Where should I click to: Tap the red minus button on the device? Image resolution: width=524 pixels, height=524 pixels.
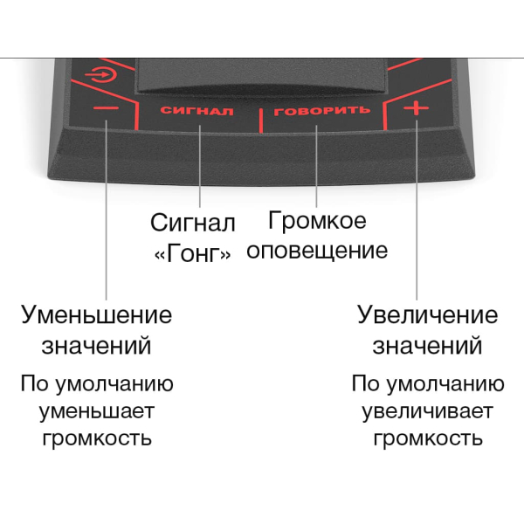click(x=106, y=108)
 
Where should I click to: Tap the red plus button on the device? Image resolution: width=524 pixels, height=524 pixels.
click(x=416, y=108)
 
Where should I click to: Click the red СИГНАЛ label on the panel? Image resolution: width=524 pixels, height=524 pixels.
click(x=196, y=111)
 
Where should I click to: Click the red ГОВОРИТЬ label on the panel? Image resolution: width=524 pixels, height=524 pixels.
click(x=321, y=111)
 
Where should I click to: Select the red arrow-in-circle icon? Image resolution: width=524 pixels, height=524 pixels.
click(x=101, y=74)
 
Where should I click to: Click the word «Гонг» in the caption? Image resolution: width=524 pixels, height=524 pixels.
click(x=192, y=253)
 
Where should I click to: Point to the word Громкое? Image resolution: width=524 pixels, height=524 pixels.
click(x=317, y=221)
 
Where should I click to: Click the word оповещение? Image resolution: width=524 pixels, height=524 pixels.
click(x=317, y=251)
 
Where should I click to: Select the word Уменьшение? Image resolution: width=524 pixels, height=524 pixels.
click(x=97, y=315)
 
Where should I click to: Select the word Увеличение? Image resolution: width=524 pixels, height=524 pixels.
click(x=427, y=315)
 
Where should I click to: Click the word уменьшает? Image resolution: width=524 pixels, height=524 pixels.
click(x=97, y=412)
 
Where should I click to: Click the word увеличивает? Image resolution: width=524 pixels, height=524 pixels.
click(x=428, y=411)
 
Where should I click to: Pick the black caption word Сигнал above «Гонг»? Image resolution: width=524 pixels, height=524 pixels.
click(x=193, y=223)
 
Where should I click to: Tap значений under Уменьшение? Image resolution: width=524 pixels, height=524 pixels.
click(x=96, y=346)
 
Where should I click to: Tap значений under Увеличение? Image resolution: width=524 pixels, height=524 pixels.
click(x=427, y=346)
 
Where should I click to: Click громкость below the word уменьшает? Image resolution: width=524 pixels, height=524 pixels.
click(x=97, y=438)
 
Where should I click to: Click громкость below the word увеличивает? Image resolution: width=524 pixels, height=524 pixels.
click(x=428, y=438)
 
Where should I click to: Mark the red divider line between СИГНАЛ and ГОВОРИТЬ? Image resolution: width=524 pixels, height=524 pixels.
click(x=261, y=121)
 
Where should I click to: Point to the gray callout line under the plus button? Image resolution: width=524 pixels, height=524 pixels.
click(x=417, y=210)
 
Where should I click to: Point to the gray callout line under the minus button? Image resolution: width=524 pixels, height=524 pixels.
click(x=107, y=210)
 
